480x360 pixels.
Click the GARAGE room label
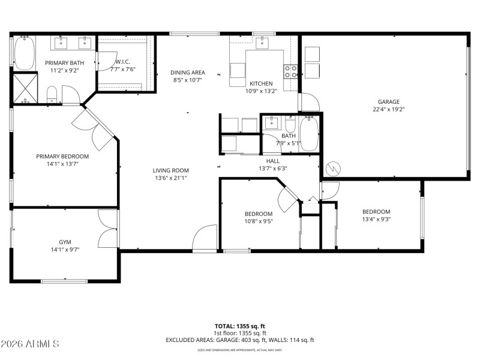pos(388,101)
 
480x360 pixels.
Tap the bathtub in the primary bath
pos(24,53)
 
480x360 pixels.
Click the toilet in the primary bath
pos(52,94)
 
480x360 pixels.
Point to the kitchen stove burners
pos(290,71)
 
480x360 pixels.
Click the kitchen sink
pos(262,42)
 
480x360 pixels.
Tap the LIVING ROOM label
pos(170,170)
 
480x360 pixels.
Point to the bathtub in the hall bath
pos(308,133)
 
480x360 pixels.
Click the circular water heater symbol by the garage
pos(332,169)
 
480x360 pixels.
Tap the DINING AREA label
pos(188,72)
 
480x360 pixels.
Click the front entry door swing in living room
pos(205,237)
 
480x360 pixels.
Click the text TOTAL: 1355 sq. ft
pos(239,326)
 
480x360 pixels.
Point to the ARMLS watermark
pos(30,344)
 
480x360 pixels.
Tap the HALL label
pos(273,160)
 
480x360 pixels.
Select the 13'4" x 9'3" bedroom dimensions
pos(376,220)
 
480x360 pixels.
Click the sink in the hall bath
pos(271,124)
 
